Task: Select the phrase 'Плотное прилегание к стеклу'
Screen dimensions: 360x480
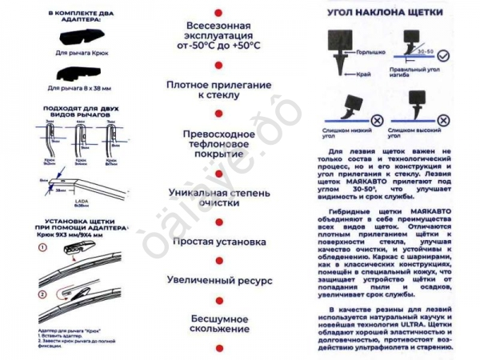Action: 214,89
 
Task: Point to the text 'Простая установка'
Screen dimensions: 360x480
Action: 214,242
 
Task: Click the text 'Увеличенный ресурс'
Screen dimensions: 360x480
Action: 214,281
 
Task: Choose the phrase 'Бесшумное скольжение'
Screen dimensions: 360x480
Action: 214,323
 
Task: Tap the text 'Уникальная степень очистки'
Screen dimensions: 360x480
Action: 214,198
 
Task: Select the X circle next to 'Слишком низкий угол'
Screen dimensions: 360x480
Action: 376,117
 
